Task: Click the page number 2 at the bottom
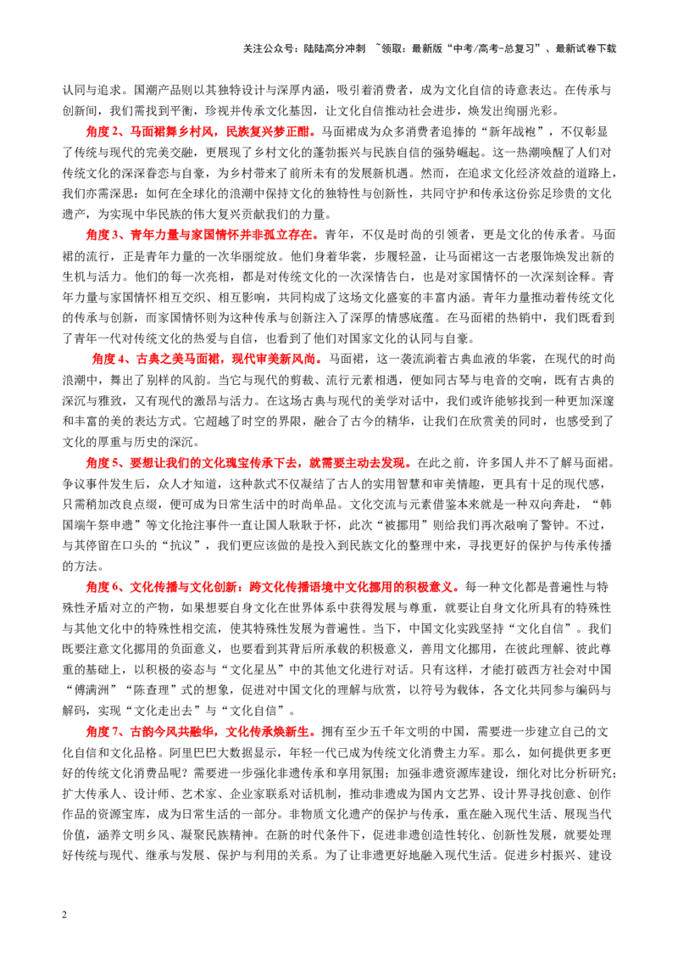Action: (65, 915)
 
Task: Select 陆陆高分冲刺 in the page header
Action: (334, 48)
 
